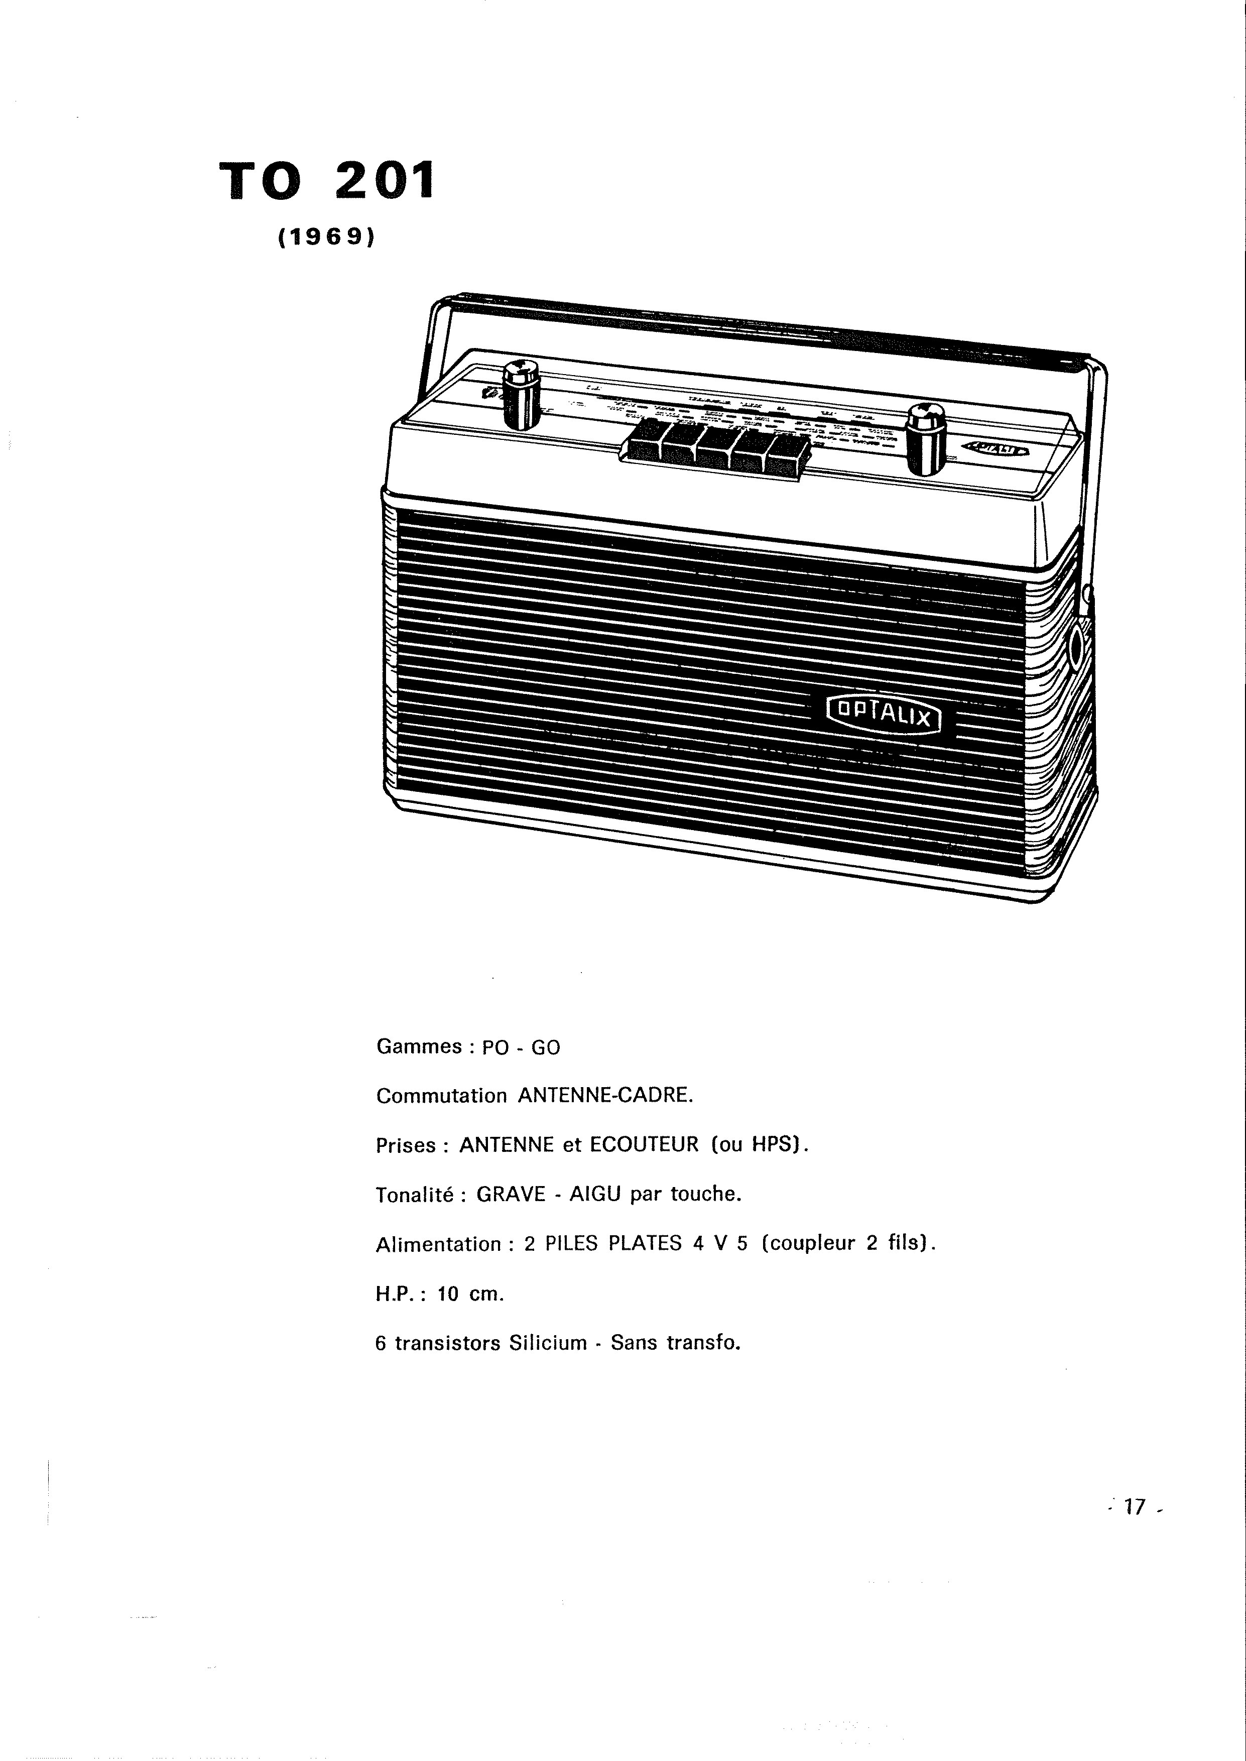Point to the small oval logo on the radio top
pyautogui.click(x=996, y=448)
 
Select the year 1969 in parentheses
pyautogui.click(x=327, y=239)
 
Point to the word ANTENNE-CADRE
pyautogui.click(x=605, y=1096)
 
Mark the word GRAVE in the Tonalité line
pyautogui.click(x=510, y=1194)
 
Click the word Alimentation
pyautogui.click(x=439, y=1244)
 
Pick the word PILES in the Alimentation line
pyautogui.click(x=571, y=1244)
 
